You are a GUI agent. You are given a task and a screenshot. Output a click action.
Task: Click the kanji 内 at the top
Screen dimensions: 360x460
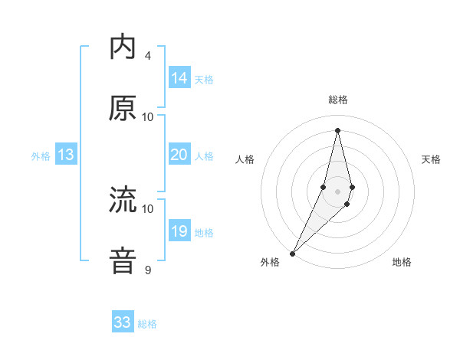tap(123, 47)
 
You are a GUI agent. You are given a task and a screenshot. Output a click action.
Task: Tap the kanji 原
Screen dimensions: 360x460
tap(123, 109)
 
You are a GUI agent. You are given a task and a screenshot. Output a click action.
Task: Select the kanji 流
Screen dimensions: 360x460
tap(123, 201)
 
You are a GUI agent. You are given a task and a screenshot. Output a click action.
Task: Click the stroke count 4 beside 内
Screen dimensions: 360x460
tap(148, 55)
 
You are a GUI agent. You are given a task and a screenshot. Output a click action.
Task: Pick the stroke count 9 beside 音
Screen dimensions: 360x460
tap(148, 270)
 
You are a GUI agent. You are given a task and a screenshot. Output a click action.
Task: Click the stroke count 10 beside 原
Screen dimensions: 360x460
tap(148, 116)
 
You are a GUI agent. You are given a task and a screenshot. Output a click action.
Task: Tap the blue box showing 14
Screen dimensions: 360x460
tap(179, 78)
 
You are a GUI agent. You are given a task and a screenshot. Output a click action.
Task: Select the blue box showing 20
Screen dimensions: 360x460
tap(179, 155)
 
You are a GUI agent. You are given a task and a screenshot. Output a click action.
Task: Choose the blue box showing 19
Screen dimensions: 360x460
tap(179, 231)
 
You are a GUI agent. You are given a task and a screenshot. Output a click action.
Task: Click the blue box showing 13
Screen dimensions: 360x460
tap(66, 155)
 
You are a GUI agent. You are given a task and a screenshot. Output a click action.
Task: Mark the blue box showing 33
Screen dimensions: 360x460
tap(123, 322)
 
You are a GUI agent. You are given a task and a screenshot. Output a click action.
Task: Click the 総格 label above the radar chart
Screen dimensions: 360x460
tap(338, 100)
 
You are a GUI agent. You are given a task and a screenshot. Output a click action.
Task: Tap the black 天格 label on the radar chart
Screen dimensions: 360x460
tap(431, 159)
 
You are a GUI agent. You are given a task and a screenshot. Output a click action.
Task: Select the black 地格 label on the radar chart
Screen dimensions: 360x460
tap(402, 262)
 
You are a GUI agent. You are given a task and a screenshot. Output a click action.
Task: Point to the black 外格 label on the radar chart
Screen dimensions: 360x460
tap(270, 262)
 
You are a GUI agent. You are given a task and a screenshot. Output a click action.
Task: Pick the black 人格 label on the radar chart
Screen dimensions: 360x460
tap(245, 159)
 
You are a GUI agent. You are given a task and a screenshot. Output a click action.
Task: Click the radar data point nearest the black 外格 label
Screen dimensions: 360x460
tap(292, 253)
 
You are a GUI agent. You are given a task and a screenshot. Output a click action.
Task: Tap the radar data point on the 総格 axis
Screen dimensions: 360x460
tap(338, 130)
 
